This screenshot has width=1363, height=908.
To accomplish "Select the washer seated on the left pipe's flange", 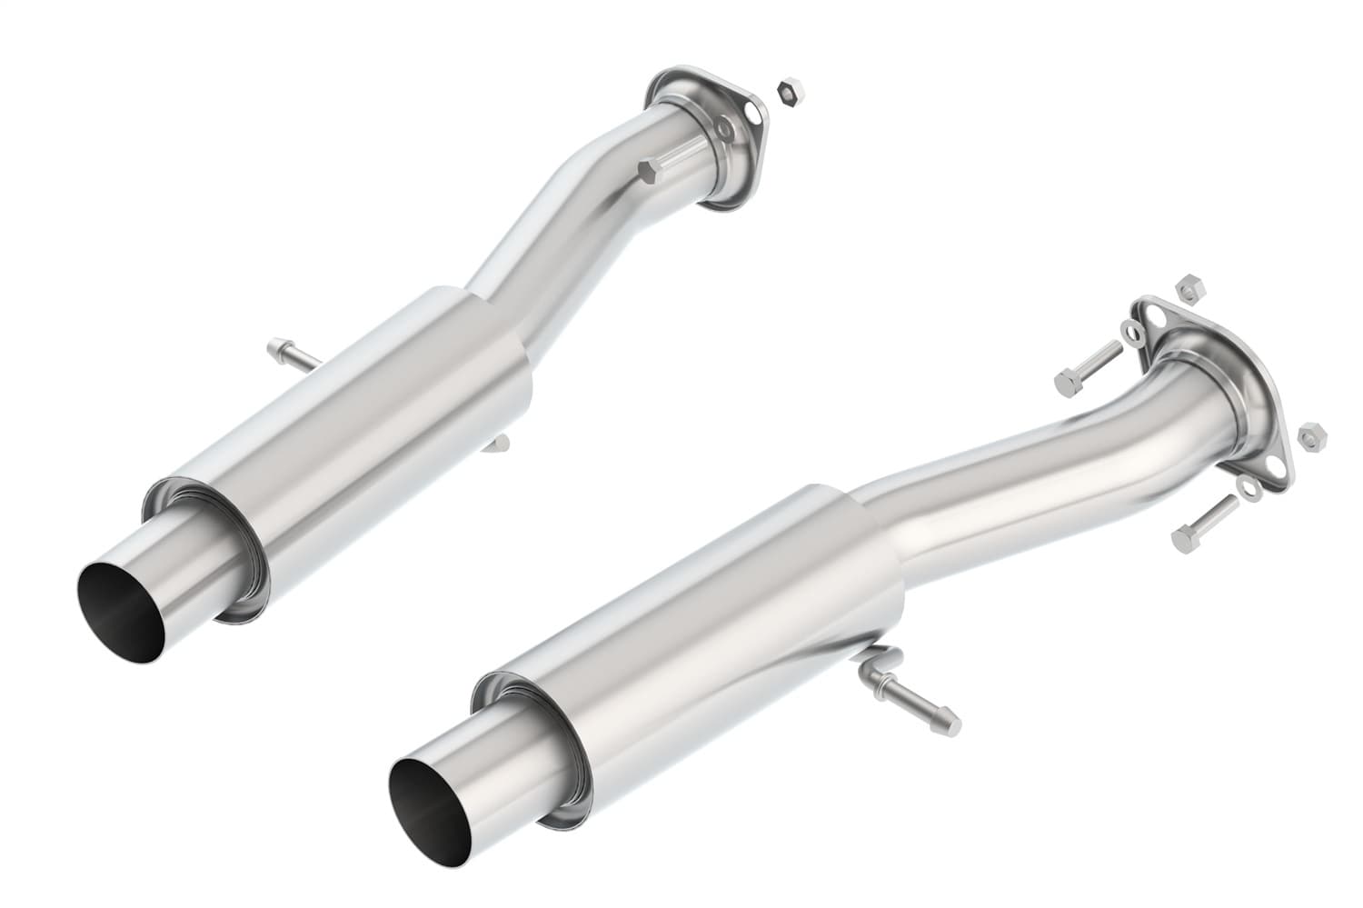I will (725, 132).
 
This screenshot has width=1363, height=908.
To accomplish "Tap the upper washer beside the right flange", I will (1133, 332).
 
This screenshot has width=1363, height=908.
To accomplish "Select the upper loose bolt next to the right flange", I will (1087, 365).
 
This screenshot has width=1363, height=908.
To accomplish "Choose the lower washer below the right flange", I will (1249, 489).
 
